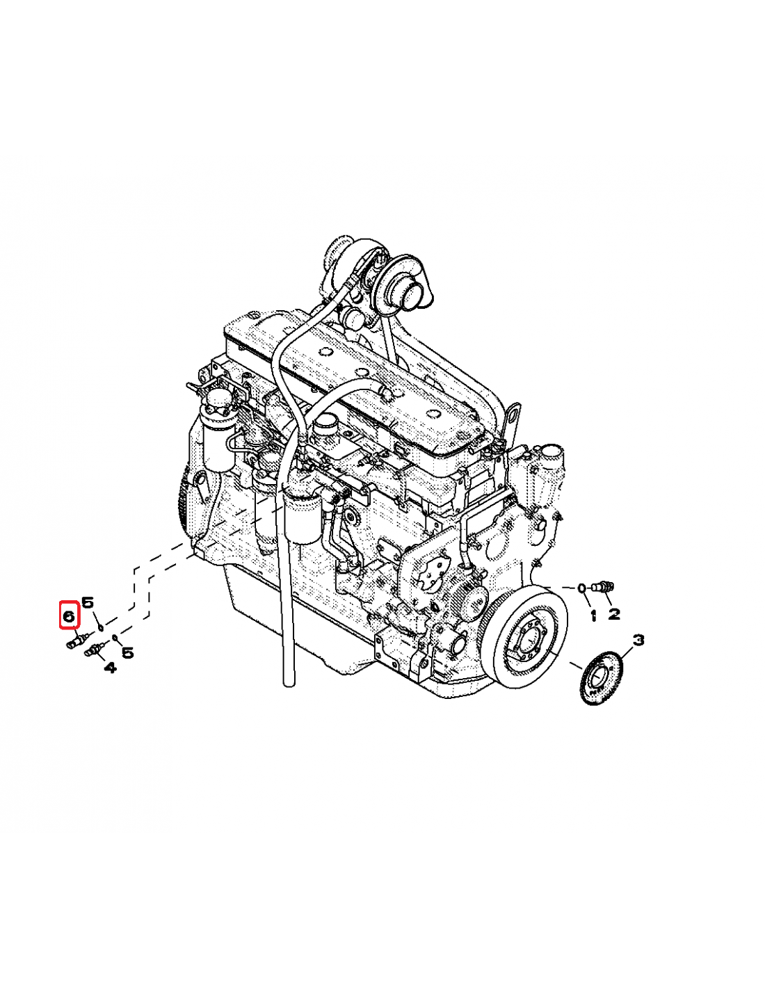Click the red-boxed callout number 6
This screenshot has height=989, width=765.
[x=69, y=615]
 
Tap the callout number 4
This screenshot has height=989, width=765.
[x=110, y=668]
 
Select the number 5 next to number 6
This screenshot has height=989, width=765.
[x=88, y=602]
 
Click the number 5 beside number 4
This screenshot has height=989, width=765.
[x=128, y=652]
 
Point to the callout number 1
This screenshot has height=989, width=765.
[x=593, y=616]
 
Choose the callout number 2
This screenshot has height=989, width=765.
[x=614, y=613]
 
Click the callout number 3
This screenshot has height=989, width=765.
[x=638, y=639]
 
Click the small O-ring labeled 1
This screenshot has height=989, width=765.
[x=581, y=590]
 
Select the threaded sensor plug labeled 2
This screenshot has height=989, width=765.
[x=602, y=588]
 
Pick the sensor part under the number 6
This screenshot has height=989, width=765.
[x=74, y=643]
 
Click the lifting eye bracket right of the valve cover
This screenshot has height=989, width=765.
[x=514, y=417]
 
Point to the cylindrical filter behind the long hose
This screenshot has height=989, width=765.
[x=301, y=515]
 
